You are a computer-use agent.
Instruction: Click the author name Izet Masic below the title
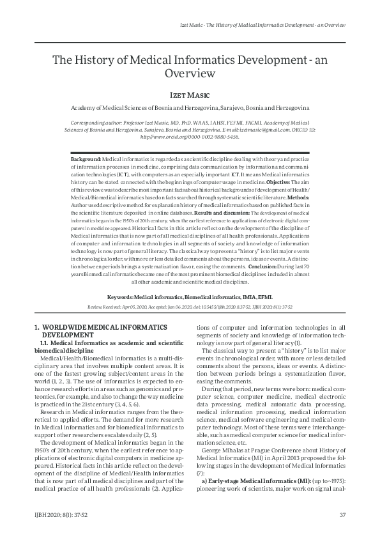(x=190, y=93)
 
